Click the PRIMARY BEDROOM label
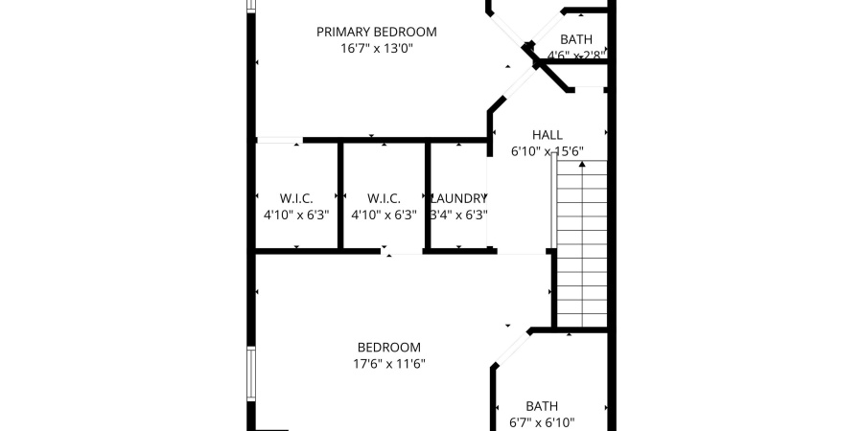tap(376, 32)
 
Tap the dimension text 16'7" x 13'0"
tap(376, 49)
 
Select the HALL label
tap(547, 135)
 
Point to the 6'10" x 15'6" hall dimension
tap(547, 151)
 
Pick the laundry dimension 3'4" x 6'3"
tap(457, 215)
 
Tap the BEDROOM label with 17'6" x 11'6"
tap(388, 347)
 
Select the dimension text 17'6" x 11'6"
tap(388, 364)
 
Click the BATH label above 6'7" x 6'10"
tap(541, 405)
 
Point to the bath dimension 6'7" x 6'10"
tap(541, 422)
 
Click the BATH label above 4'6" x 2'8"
tap(576, 39)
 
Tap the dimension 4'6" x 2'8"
tap(576, 56)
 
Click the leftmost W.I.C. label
tap(296, 198)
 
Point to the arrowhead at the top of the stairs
tap(582, 165)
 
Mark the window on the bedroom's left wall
tap(251, 374)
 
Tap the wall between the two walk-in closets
tap(339, 196)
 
